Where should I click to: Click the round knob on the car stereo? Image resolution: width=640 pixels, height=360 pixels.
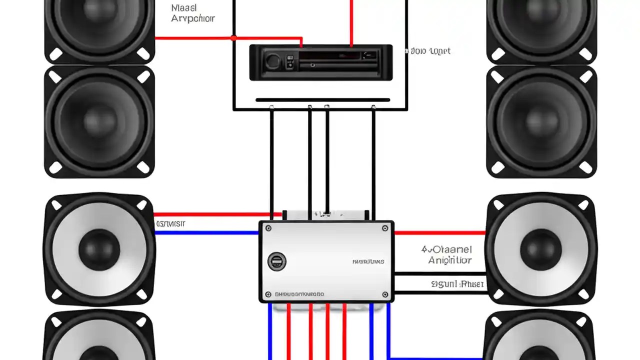click(273, 62)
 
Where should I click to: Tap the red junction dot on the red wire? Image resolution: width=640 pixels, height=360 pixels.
click(233, 38)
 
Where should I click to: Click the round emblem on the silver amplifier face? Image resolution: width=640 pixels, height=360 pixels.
click(276, 261)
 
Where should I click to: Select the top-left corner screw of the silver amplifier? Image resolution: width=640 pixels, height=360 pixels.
click(268, 228)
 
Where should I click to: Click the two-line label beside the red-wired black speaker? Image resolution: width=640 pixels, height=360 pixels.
click(192, 13)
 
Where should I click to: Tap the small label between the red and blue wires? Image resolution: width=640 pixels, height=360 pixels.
click(170, 224)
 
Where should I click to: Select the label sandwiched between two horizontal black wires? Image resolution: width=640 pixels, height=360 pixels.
click(457, 284)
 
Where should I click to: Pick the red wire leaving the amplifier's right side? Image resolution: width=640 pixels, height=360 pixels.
click(440, 232)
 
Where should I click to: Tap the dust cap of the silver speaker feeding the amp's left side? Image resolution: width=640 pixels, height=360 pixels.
click(99, 248)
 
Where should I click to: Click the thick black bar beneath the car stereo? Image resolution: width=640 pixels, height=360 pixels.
click(322, 100)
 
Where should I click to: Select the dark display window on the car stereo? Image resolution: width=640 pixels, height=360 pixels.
click(330, 55)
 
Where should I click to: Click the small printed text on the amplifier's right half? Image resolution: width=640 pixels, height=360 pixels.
click(368, 261)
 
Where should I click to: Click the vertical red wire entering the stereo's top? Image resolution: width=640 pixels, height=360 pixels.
click(351, 22)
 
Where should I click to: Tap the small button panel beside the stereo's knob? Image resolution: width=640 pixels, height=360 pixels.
click(289, 62)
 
